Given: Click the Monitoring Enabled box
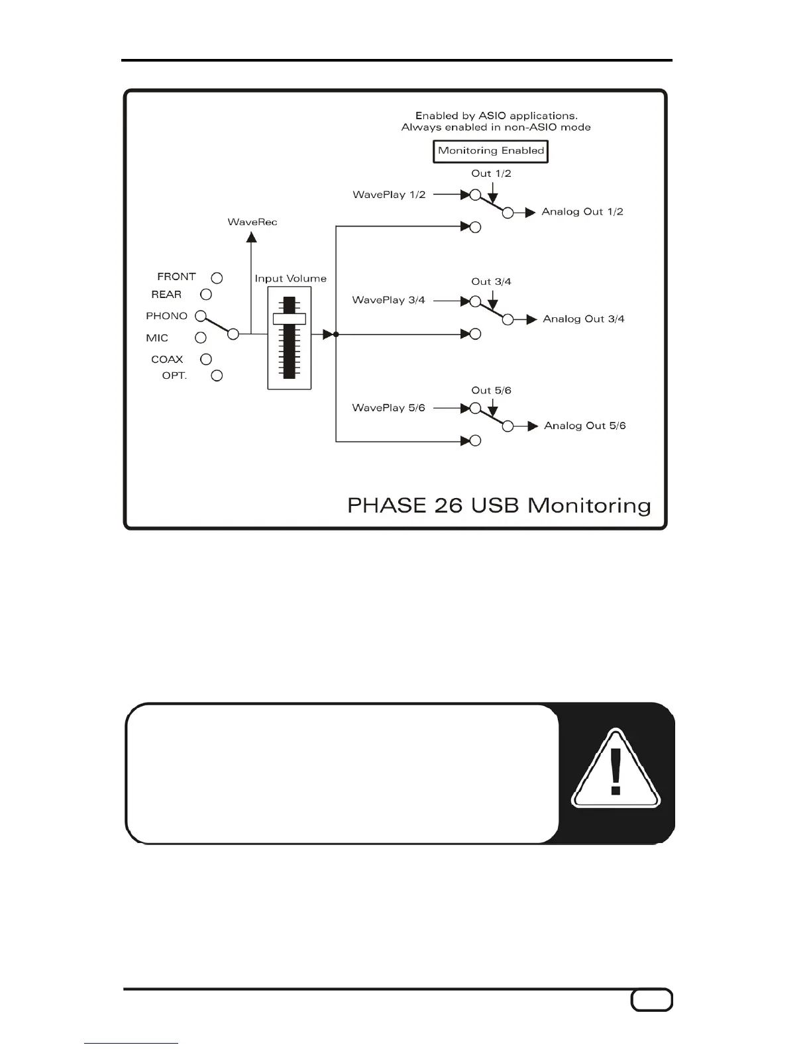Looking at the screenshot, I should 490,151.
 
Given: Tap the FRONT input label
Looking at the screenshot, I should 176,277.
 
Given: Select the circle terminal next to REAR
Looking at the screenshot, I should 206,294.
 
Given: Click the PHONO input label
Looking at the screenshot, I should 166,316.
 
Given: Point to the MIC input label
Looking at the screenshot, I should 157,338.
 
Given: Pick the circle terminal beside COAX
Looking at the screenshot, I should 206,359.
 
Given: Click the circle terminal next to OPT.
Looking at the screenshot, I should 217,375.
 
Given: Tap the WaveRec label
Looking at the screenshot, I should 252,222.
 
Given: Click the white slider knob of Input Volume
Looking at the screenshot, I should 290,319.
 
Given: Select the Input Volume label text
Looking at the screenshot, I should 290,279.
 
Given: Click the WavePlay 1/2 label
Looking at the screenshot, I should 389,195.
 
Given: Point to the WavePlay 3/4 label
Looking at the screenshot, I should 388,300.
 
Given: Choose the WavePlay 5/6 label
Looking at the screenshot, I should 388,408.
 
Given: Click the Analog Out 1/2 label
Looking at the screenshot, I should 582,212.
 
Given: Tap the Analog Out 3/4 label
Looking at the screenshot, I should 584,319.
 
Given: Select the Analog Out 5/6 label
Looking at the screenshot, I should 584,426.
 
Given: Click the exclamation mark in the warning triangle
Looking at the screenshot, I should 616,771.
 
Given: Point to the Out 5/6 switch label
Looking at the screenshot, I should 491,391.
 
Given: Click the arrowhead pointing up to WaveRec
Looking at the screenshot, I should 252,237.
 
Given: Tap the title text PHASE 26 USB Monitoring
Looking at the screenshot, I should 499,506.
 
